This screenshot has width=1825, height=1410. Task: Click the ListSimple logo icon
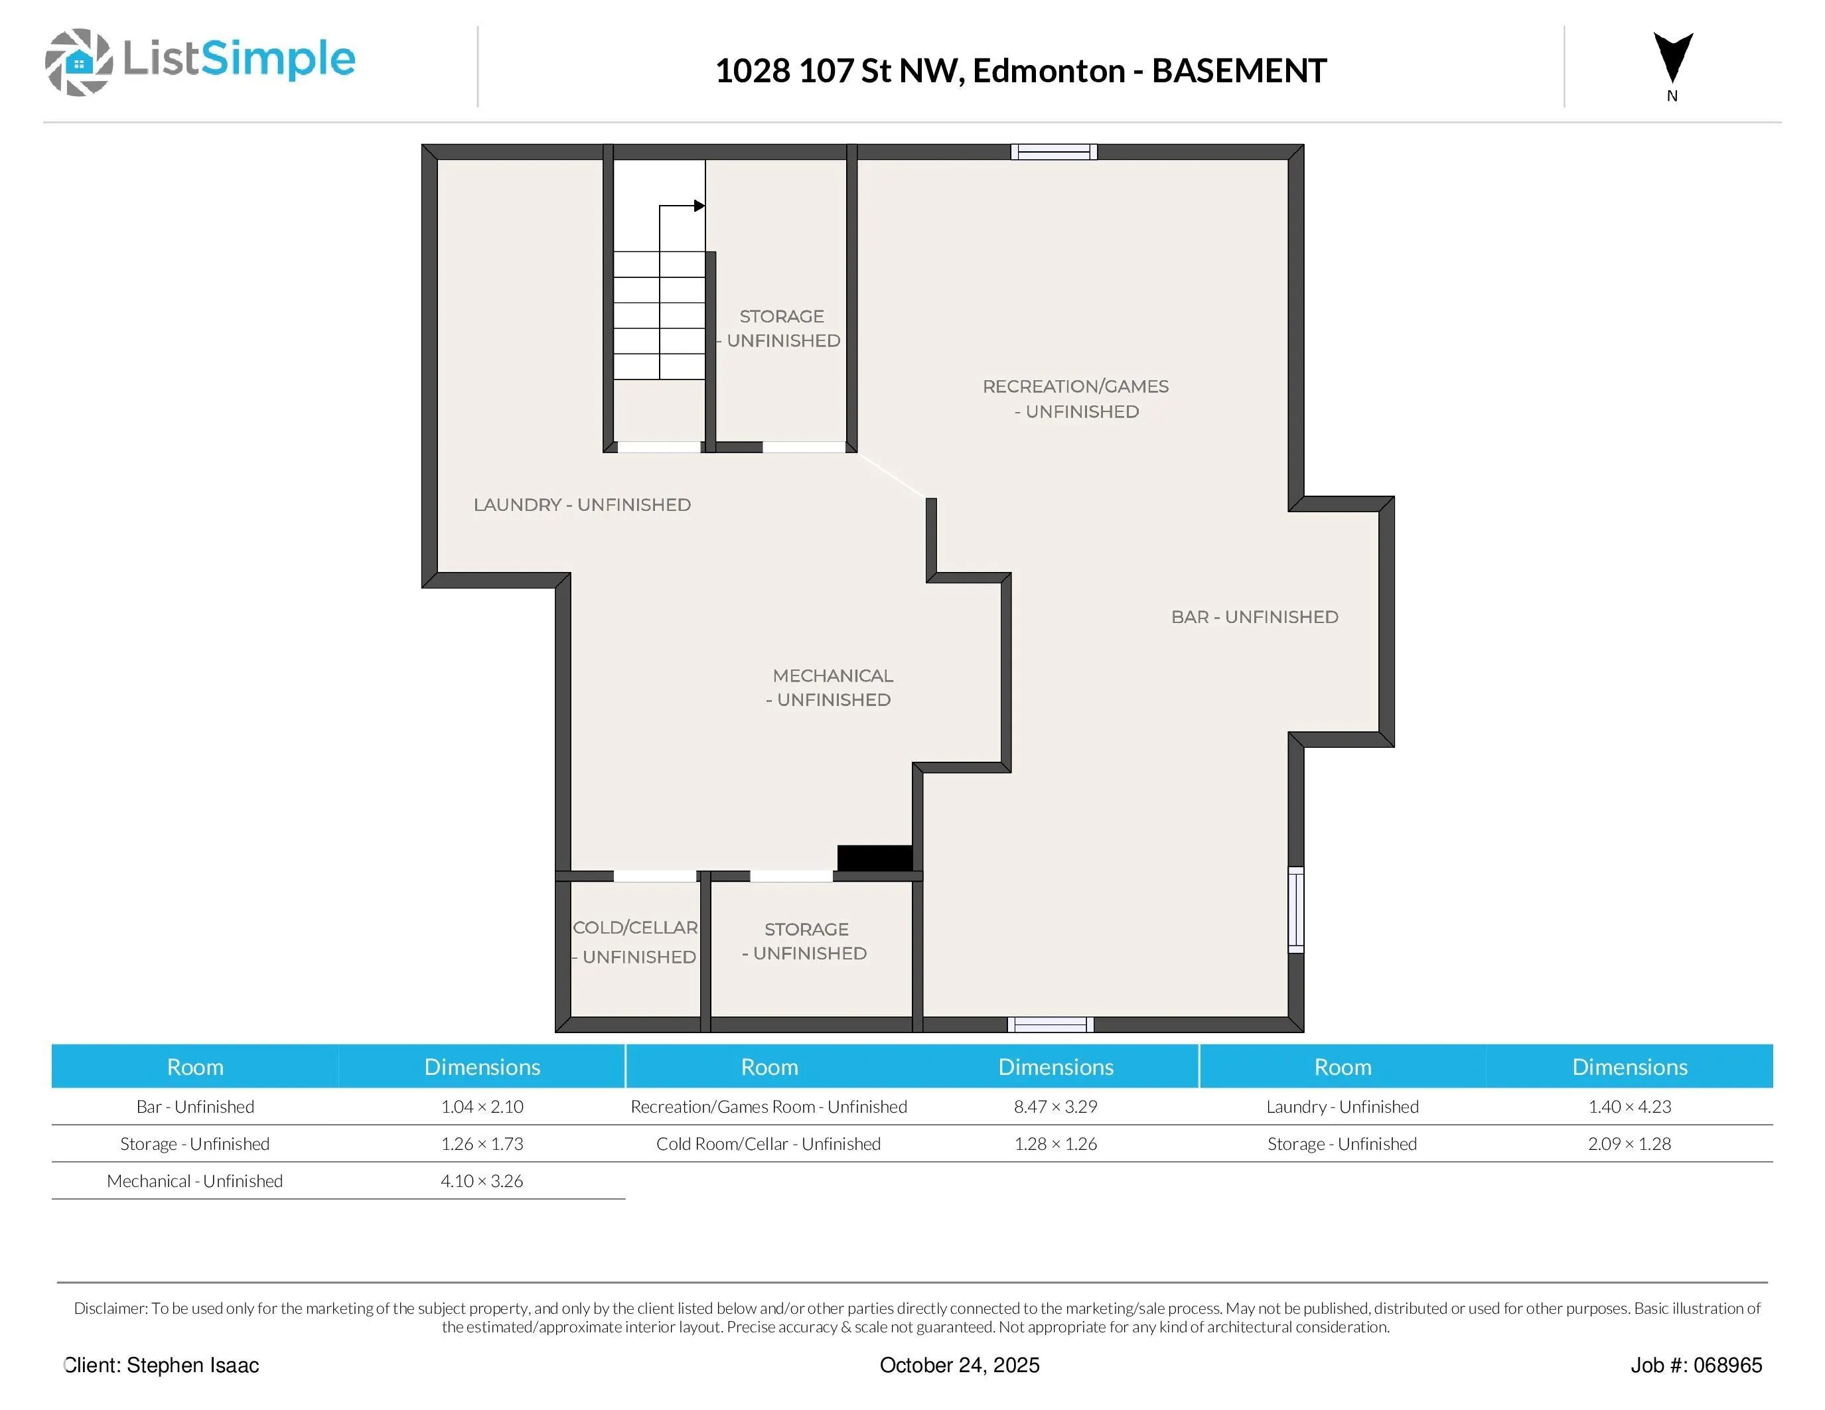pyautogui.click(x=78, y=62)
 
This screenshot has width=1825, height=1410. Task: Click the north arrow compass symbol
pyautogui.click(x=1673, y=58)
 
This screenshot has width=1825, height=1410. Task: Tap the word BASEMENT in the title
pyautogui.click(x=1239, y=71)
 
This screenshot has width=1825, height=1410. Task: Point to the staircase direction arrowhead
pyautogui.click(x=699, y=206)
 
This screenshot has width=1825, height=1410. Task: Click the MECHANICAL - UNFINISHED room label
pyautogui.click(x=831, y=687)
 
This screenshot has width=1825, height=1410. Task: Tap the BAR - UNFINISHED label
pyautogui.click(x=1254, y=616)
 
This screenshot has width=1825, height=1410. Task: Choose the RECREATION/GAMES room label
pyautogui.click(x=1076, y=398)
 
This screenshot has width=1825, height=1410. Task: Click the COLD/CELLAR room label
pyautogui.click(x=635, y=942)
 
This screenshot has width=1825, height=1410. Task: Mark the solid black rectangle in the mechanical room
pyautogui.click(x=875, y=858)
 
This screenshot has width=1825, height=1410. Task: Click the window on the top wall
pyautogui.click(x=1054, y=151)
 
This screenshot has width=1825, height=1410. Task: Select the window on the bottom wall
pyautogui.click(x=1051, y=1025)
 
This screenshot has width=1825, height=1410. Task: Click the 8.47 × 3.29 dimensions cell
pyautogui.click(x=1055, y=1107)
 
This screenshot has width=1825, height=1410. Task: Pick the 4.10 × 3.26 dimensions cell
pyautogui.click(x=482, y=1181)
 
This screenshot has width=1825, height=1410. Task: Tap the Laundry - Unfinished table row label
pyautogui.click(x=1342, y=1107)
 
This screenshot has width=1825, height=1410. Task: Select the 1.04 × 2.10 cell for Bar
pyautogui.click(x=482, y=1107)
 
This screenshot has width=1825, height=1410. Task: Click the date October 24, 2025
pyautogui.click(x=960, y=1366)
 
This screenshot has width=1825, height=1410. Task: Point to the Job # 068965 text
pyautogui.click(x=1696, y=1366)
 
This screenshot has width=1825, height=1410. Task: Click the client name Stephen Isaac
pyautogui.click(x=193, y=1366)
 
